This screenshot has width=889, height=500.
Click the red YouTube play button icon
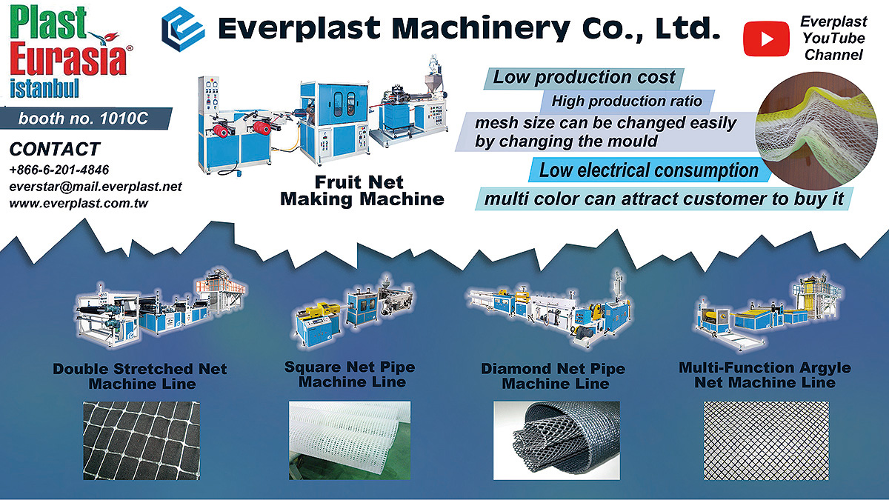tap(766, 39)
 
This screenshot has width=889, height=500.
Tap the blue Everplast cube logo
tap(183, 30)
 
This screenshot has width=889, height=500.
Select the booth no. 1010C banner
tap(86, 119)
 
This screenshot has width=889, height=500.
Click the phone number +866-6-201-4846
tap(59, 170)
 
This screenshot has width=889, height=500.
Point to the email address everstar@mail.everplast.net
tap(96, 187)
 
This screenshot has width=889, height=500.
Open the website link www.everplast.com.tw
tap(79, 203)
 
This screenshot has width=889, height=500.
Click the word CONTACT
tap(55, 149)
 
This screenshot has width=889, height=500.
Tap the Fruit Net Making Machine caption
tap(362, 191)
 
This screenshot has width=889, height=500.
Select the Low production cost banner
tap(584, 78)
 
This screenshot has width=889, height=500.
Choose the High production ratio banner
tap(627, 101)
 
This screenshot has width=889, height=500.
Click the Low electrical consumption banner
tap(648, 170)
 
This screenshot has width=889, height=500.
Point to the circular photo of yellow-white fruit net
tap(816, 130)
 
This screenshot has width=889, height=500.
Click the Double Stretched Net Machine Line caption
tap(140, 376)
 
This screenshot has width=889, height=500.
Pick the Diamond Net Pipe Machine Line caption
tap(553, 376)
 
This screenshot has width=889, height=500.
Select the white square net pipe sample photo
tap(350, 441)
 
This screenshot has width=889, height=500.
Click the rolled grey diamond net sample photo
tap(556, 441)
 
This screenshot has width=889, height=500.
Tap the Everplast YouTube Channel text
tap(833, 38)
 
